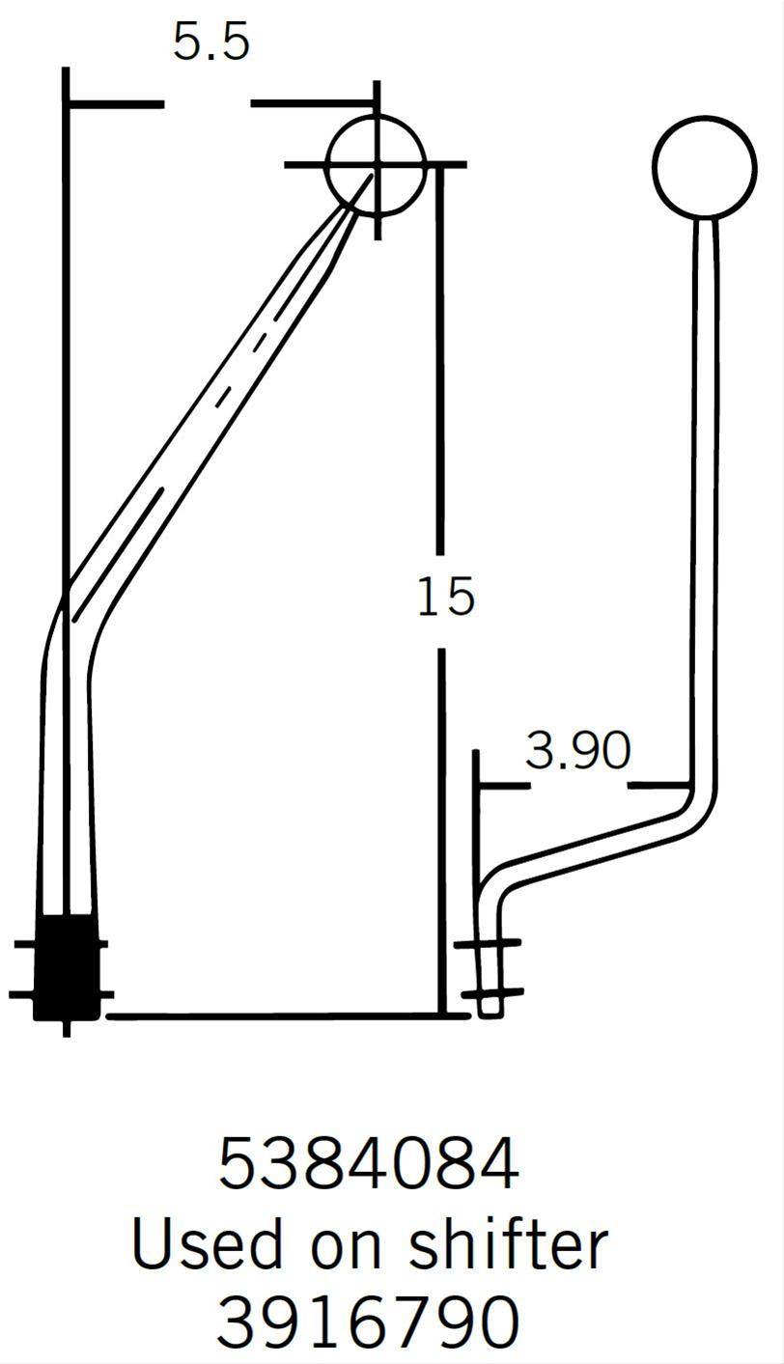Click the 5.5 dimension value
point(210,43)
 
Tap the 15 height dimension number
point(445,597)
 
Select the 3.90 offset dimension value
point(577,751)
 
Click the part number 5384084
point(368,1164)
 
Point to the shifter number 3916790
point(368,1322)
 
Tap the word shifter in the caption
point(508,1243)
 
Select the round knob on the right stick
point(704,166)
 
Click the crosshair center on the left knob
point(376,165)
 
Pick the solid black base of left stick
point(66,967)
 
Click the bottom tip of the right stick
point(490,1009)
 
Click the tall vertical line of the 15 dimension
point(442,386)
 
